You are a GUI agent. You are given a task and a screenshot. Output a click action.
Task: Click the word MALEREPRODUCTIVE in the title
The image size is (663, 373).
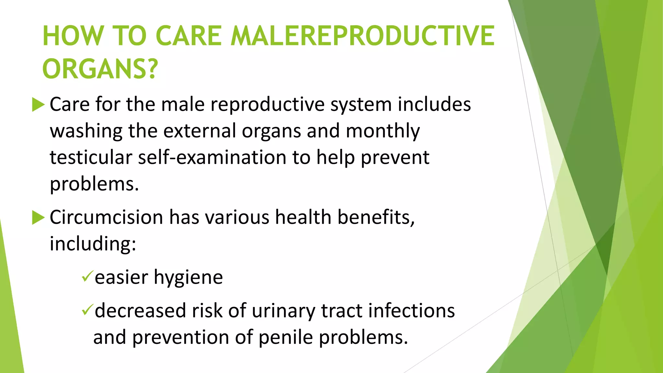click(363, 36)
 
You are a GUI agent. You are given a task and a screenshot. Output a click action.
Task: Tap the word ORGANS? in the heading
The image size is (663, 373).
click(100, 69)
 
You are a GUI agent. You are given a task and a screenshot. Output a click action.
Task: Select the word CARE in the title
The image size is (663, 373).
click(188, 36)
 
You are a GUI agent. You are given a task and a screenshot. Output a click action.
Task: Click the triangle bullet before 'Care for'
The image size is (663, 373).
click(38, 105)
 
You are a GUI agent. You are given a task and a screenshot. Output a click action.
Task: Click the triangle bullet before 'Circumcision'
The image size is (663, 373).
click(38, 218)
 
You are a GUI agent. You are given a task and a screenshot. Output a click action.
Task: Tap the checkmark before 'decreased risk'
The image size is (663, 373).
click(87, 310)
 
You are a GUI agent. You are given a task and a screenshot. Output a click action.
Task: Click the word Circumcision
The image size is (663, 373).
click(106, 217)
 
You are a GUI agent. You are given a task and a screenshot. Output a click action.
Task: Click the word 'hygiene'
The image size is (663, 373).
click(188, 278)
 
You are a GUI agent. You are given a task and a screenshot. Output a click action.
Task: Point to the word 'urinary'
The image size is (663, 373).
click(283, 311)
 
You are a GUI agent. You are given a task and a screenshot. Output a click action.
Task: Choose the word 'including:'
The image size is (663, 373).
click(93, 243)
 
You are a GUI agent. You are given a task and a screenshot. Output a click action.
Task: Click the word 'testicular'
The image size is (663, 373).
click(91, 157)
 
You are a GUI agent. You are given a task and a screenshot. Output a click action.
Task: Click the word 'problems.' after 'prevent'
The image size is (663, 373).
click(94, 185)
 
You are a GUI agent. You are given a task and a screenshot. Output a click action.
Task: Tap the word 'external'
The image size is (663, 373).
click(199, 131)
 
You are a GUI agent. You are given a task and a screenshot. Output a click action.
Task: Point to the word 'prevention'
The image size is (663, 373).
click(181, 337)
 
